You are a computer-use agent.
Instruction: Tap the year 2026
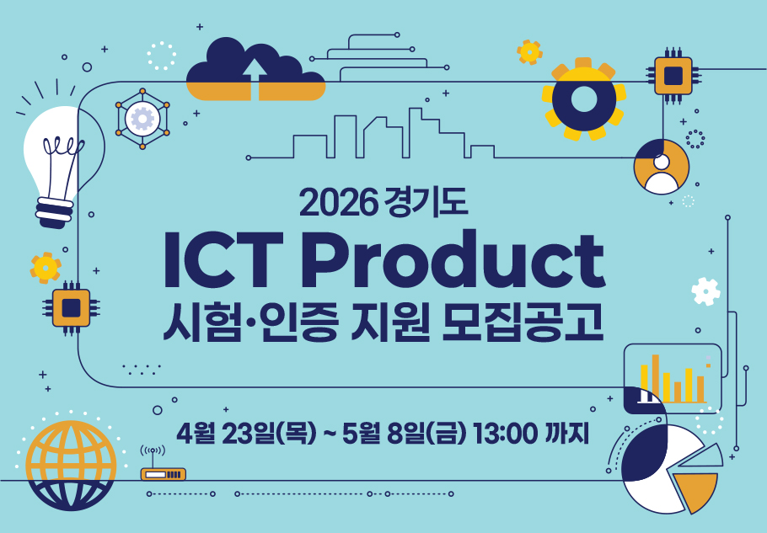pyautogui.click(x=339, y=202)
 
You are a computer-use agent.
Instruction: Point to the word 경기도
pyautogui.click(x=426, y=201)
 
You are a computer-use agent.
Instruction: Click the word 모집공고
pyautogui.click(x=522, y=322)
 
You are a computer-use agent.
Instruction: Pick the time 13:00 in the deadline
pyautogui.click(x=506, y=433)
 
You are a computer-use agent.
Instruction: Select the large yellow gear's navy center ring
pyautogui.click(x=583, y=99)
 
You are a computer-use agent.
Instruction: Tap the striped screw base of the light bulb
pyautogui.click(x=54, y=212)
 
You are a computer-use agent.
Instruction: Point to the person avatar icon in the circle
pyautogui.click(x=662, y=175)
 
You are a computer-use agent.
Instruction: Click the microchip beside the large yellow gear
pyautogui.click(x=673, y=76)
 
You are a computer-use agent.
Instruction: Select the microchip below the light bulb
pyautogui.click(x=72, y=308)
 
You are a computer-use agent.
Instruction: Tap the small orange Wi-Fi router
pyautogui.click(x=163, y=474)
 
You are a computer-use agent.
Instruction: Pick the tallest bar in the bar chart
pyautogui.click(x=656, y=378)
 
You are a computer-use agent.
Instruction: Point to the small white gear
pyautogui.click(x=705, y=291)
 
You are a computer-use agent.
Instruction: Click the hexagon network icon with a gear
pyautogui.click(x=142, y=119)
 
